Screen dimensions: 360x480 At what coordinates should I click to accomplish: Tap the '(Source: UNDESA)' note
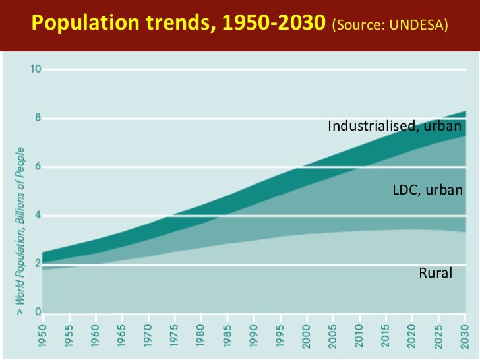point(390,26)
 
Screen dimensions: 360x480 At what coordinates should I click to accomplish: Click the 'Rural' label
point(436,272)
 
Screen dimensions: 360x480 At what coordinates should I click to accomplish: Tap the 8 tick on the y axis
point(38,119)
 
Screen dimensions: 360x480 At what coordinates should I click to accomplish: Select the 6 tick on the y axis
point(38,167)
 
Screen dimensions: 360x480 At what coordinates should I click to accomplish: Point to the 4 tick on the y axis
point(38,216)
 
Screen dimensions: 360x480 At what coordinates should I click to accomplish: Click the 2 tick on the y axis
point(38,264)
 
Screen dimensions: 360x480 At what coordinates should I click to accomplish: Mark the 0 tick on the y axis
point(38,313)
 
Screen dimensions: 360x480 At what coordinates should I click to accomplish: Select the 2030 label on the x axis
point(464,337)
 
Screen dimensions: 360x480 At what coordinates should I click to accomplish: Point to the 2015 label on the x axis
point(386,337)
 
